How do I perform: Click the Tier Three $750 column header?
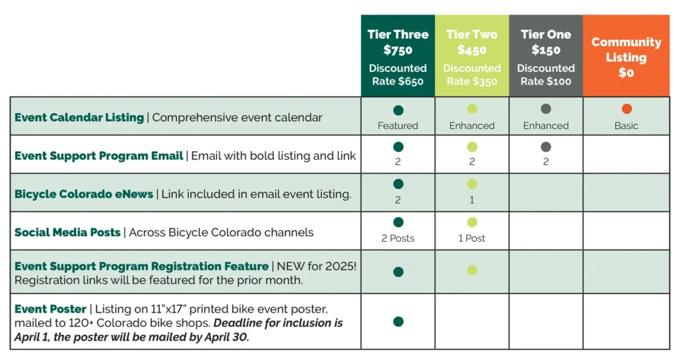[x=398, y=42]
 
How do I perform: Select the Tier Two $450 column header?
[x=472, y=42]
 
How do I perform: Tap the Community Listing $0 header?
[x=626, y=57]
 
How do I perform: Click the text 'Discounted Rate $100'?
[x=545, y=75]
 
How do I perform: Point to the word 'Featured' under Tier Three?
[x=398, y=125]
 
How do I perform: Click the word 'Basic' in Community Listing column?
[x=626, y=125]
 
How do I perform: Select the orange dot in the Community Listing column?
[x=626, y=109]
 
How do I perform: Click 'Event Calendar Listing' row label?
[x=79, y=117]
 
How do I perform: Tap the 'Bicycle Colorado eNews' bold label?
[x=84, y=194]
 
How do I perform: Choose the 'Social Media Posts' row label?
[x=67, y=232]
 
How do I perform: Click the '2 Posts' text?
[x=398, y=238]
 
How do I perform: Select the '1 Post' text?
[x=472, y=238]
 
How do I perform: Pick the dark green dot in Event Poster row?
[x=398, y=321]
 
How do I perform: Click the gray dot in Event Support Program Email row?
[x=545, y=147]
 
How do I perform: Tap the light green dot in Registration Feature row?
[x=472, y=270]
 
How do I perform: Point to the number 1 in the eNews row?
[x=472, y=200]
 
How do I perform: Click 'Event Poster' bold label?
[x=51, y=309]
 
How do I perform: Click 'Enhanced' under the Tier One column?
[x=545, y=125]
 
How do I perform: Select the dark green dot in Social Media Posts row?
[x=398, y=222]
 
